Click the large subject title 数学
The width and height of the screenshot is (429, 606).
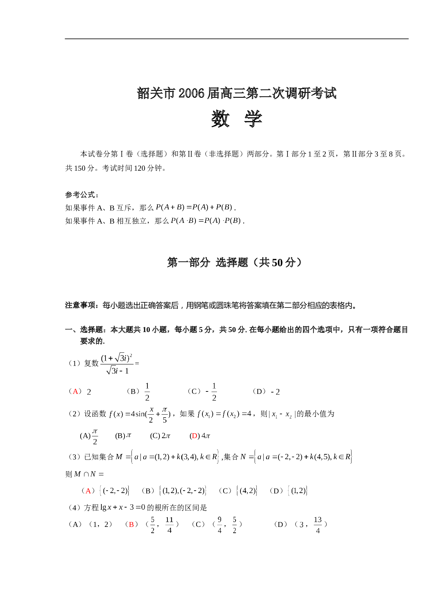237,119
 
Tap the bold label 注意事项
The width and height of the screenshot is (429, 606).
80,305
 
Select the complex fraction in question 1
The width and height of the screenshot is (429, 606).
117,364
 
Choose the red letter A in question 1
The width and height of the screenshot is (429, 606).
75,391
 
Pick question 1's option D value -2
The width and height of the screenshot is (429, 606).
275,392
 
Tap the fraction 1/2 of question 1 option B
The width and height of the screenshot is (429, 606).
147,392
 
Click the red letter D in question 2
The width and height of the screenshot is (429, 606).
194,436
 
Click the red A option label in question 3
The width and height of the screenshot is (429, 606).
88,491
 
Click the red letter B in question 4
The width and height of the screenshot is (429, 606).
131,524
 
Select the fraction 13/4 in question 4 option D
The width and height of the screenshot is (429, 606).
318,525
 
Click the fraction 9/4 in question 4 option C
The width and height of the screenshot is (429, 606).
219,525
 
